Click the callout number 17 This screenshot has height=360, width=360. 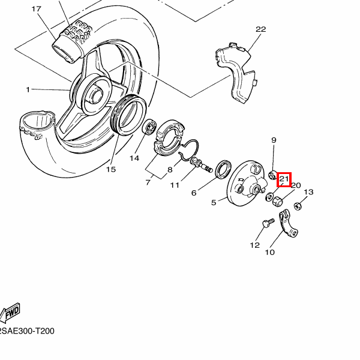(36, 9)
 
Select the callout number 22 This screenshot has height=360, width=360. (260, 29)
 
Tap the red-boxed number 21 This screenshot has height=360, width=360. (284, 179)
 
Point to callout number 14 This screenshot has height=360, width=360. (134, 158)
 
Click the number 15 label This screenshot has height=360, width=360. (110, 169)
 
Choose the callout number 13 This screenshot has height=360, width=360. (308, 192)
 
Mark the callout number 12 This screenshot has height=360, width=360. (254, 245)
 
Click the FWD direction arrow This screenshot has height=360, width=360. (10, 313)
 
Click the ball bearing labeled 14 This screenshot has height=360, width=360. (149, 127)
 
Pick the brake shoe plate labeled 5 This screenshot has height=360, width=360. (247, 183)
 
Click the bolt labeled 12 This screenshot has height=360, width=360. (268, 223)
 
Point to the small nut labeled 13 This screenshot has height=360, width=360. (298, 206)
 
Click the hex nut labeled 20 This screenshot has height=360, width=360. (277, 202)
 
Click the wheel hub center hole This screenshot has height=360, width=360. (97, 94)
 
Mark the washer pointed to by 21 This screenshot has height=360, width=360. (269, 197)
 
